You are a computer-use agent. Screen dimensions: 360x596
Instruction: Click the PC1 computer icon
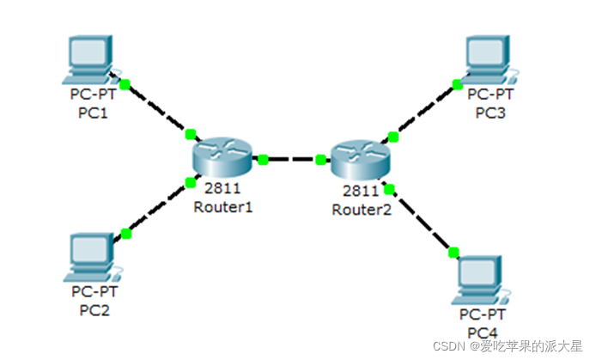pyautogui.click(x=91, y=59)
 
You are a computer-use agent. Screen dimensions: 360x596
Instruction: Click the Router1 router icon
pyautogui.click(x=222, y=158)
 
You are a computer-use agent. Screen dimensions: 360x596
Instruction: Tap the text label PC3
pyautogui.click(x=491, y=112)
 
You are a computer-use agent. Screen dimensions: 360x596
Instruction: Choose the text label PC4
pyautogui.click(x=483, y=332)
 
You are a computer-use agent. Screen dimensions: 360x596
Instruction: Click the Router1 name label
pyautogui.click(x=222, y=207)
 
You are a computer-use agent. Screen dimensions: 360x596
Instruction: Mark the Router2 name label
pyautogui.click(x=361, y=209)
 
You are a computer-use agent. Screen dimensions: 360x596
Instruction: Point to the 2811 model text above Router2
pyautogui.click(x=360, y=192)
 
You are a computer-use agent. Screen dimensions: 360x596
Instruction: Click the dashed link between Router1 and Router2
pyautogui.click(x=292, y=159)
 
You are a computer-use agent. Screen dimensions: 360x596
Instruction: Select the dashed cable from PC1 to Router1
pyautogui.click(x=157, y=109)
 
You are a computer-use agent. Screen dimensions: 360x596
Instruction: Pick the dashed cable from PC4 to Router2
pyautogui.click(x=422, y=220)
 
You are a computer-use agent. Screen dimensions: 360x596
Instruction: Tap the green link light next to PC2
pyautogui.click(x=126, y=234)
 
